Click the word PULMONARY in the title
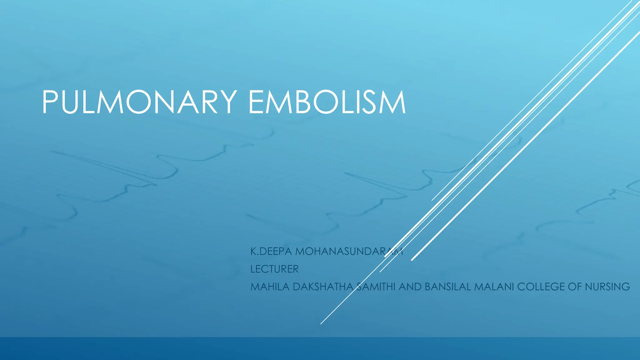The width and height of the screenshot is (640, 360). tap(139, 102)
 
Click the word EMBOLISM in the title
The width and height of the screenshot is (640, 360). tap(327, 102)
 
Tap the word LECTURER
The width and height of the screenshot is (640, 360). tap(274, 269)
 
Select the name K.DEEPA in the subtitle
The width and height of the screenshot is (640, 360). tap(271, 251)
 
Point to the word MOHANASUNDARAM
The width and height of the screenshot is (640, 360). tap(349, 251)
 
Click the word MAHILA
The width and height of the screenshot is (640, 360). tap(270, 287)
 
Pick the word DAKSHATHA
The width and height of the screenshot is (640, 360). tap(323, 287)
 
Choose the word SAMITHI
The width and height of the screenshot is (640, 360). tap(376, 287)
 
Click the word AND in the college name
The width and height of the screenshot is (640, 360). tap(410, 287)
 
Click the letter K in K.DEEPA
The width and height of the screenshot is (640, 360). tap(253, 251)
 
